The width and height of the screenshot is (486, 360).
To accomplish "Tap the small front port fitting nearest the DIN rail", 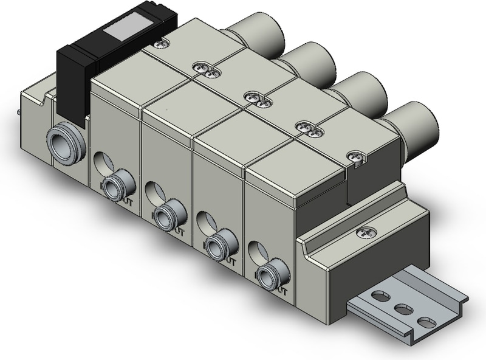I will click(267, 275).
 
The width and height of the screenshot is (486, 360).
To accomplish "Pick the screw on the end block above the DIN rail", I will click(364, 231).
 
